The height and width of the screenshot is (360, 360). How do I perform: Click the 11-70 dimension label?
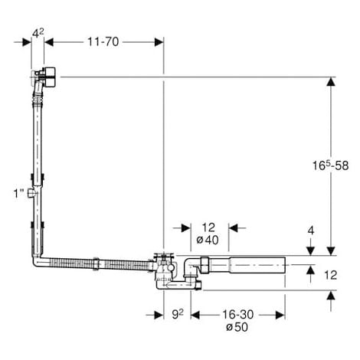(103, 42)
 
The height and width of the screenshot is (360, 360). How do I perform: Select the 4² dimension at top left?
(38, 33)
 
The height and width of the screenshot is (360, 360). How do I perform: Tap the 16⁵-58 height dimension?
(330, 165)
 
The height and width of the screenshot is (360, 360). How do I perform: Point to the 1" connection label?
(18, 193)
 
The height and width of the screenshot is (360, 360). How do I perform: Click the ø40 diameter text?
(208, 240)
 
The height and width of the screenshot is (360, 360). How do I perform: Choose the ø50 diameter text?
(237, 327)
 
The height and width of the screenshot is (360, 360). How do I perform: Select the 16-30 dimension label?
(237, 315)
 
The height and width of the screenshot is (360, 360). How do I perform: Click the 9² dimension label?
(178, 315)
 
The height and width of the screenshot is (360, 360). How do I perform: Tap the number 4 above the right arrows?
(311, 231)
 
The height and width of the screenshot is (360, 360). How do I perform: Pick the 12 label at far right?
(331, 275)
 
